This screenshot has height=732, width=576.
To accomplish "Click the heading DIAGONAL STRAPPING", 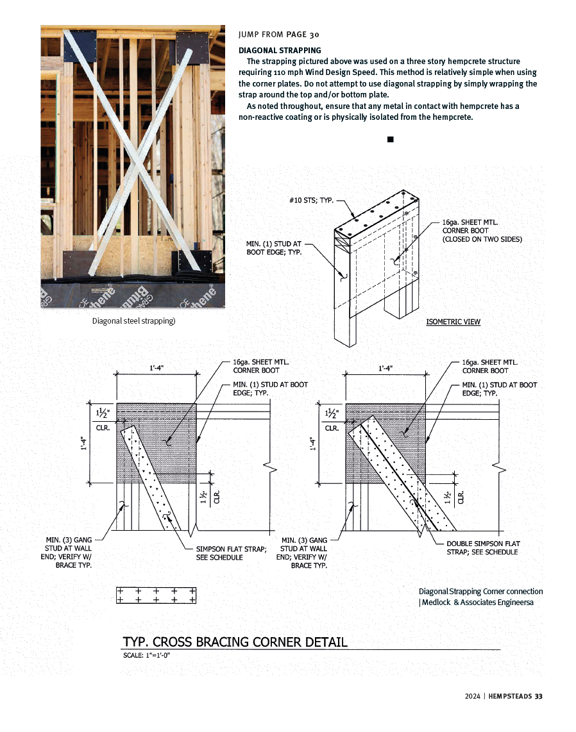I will pyautogui.click(x=280, y=50).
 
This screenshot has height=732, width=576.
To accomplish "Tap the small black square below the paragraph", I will pyautogui.click(x=390, y=139).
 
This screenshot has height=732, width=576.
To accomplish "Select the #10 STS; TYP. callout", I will pyautogui.click(x=311, y=201).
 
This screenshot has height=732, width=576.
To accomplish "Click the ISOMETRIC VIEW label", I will pyautogui.click(x=453, y=322).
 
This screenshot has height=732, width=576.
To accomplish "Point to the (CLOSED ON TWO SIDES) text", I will pyautogui.click(x=482, y=239).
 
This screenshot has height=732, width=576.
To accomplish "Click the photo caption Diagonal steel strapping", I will pyautogui.click(x=133, y=320).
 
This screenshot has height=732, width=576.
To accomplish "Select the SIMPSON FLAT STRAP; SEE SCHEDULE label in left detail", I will pyautogui.click(x=231, y=553).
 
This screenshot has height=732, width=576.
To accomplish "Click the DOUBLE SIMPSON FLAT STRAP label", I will pyautogui.click(x=483, y=548).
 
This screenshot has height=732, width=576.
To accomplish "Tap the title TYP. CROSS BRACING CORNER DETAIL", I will pyautogui.click(x=235, y=642).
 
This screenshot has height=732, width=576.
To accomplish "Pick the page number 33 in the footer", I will pyautogui.click(x=538, y=697).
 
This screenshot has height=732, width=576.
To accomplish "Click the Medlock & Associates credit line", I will pyautogui.click(x=476, y=602).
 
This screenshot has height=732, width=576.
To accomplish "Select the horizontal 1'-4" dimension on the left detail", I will pyautogui.click(x=156, y=368).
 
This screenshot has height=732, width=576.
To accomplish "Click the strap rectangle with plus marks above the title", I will pyautogui.click(x=156, y=595).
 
